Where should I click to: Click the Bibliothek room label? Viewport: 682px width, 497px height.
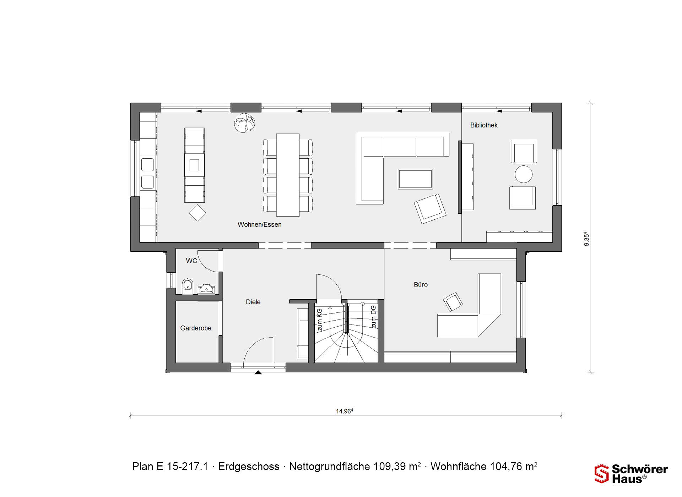pyautogui.click(x=484, y=125)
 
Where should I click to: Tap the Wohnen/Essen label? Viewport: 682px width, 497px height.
pyautogui.click(x=260, y=224)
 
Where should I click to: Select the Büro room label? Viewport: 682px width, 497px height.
pyautogui.click(x=421, y=285)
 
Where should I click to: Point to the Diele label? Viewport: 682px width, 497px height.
pyautogui.click(x=253, y=302)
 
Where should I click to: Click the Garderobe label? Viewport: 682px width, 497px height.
pyautogui.click(x=196, y=328)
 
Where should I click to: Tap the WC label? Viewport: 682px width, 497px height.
pyautogui.click(x=191, y=261)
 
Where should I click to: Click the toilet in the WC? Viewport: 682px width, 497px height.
pyautogui.click(x=188, y=286)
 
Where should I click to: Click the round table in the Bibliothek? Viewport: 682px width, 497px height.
pyautogui.click(x=524, y=174)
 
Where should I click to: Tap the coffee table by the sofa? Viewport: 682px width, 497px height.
pyautogui.click(x=415, y=179)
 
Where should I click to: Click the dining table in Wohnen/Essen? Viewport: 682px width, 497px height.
pyautogui.click(x=288, y=175)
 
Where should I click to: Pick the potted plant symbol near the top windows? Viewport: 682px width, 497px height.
pyautogui.click(x=244, y=123)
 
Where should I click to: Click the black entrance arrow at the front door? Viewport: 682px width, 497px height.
pyautogui.click(x=258, y=372)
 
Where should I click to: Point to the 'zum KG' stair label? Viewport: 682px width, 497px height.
pyautogui.click(x=319, y=319)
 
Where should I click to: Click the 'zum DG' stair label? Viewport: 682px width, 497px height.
pyautogui.click(x=373, y=317)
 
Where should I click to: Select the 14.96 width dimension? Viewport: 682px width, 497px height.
pyautogui.click(x=345, y=411)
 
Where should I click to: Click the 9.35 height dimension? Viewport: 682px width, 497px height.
pyautogui.click(x=586, y=239)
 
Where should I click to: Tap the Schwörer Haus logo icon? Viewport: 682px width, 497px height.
pyautogui.click(x=602, y=474)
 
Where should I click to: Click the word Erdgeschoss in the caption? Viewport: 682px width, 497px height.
pyautogui.click(x=249, y=466)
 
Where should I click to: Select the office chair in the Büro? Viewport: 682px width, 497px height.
pyautogui.click(x=453, y=302)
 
